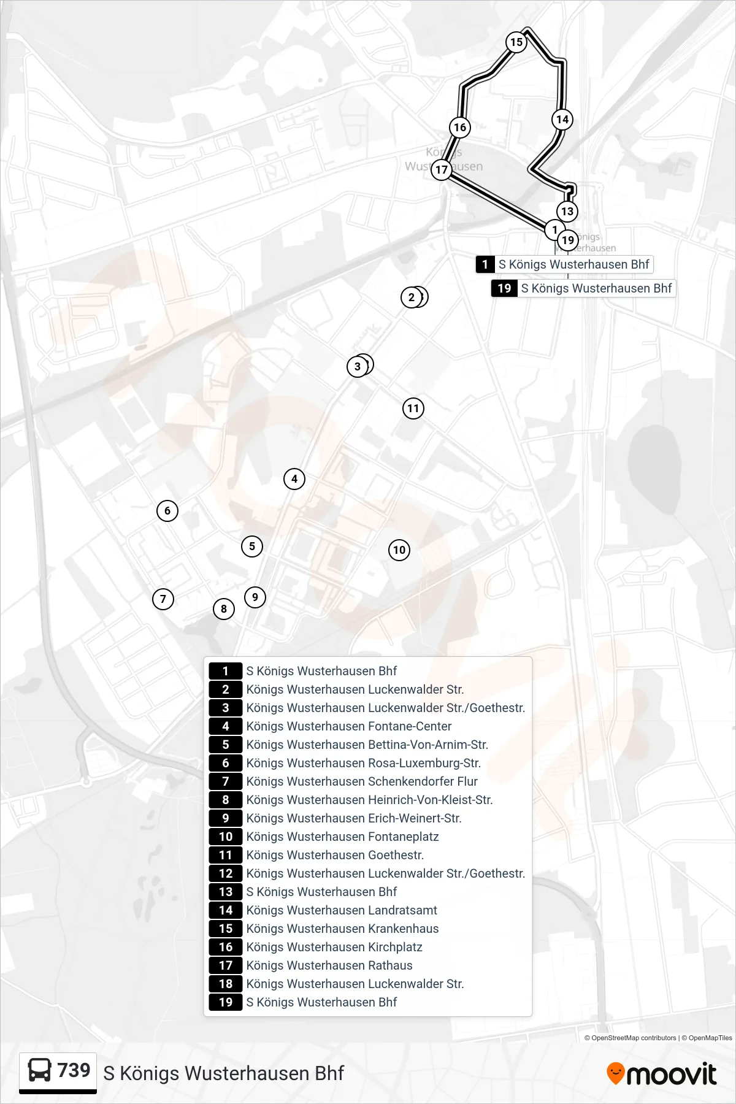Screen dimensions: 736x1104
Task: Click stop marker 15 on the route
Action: point(516,42)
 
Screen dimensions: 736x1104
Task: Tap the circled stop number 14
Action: point(562,119)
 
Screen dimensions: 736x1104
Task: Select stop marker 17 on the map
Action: point(442,169)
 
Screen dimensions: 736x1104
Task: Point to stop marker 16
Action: point(460,127)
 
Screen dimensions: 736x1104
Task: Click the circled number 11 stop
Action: point(413,408)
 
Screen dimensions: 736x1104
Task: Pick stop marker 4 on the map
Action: point(294,478)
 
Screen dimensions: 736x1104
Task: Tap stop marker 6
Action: point(167,510)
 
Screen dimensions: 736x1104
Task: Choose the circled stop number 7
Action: point(163,599)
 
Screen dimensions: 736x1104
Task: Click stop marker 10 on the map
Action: point(399,550)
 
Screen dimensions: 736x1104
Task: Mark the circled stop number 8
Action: point(224,608)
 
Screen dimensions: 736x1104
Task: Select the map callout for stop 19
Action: point(583,288)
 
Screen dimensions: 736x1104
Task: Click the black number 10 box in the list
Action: point(226,837)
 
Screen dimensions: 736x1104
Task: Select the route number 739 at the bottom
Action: point(74,1070)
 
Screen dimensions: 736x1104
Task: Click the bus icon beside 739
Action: point(40,1071)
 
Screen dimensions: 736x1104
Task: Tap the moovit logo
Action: point(662,1074)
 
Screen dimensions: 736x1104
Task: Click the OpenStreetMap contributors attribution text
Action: point(634,1038)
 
